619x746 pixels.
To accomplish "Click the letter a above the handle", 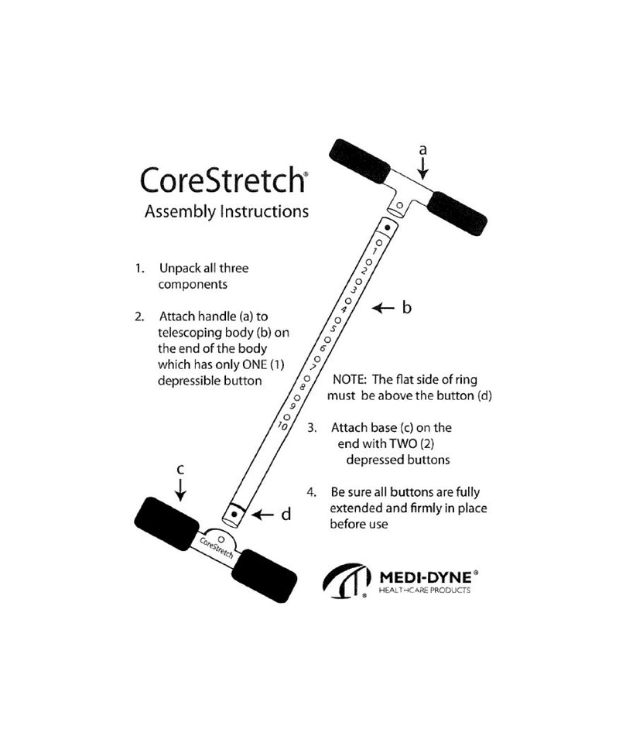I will (422, 149).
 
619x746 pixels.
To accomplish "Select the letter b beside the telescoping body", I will (407, 308).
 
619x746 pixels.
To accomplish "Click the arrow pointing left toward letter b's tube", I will (383, 309).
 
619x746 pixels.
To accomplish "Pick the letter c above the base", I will (180, 469).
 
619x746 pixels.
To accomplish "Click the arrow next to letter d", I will (263, 513).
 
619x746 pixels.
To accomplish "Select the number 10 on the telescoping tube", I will (283, 426).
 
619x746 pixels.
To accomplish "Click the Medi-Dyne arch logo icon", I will (345, 580).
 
